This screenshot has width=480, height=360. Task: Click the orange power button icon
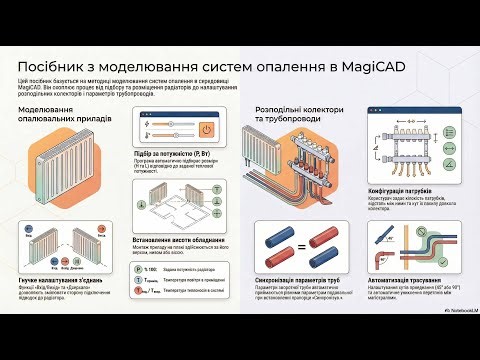point(206,129)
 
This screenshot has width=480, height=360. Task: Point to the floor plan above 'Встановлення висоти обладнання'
point(178,205)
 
